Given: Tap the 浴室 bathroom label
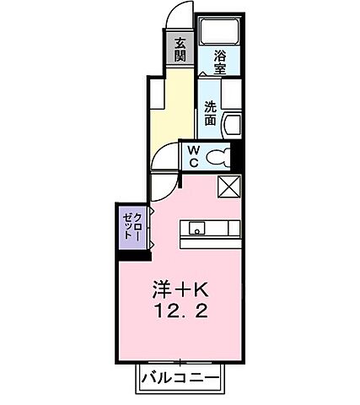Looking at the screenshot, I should pyautogui.click(x=221, y=64).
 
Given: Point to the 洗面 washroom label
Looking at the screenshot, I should pyautogui.click(x=210, y=112).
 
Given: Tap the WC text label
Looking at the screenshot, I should pyautogui.click(x=192, y=155).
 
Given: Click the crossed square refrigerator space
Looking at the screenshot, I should pyautogui.click(x=229, y=186).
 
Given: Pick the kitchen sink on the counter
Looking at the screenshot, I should pyautogui.click(x=197, y=227).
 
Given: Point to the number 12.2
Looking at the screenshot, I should pyautogui.click(x=180, y=311).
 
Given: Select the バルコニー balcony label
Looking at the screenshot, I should pyautogui.click(x=180, y=376).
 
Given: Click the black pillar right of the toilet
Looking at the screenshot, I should pyautogui.click(x=237, y=157).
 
